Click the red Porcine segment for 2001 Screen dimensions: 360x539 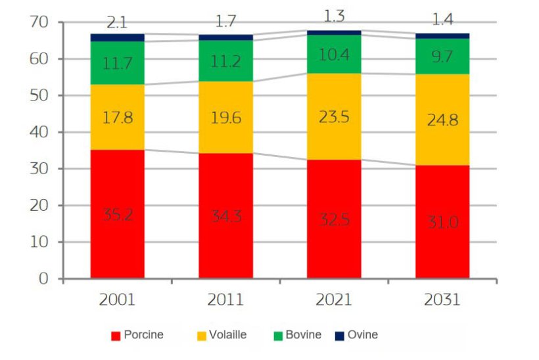[117, 243]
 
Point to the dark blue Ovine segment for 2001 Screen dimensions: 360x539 [117, 37]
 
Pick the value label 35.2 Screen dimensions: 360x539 [117, 215]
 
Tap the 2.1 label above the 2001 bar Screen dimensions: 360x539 [117, 23]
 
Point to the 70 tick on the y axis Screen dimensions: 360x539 [40, 22]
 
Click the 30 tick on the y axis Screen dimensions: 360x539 [40, 169]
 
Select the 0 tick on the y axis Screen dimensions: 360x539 [44, 279]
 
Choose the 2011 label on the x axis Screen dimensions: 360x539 [225, 300]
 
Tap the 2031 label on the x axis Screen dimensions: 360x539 [442, 300]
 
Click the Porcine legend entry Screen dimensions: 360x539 [137, 335]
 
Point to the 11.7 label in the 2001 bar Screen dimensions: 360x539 [117, 64]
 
